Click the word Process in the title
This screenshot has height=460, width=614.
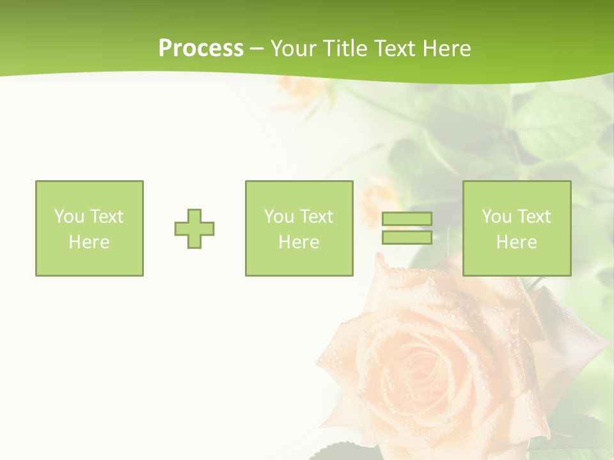click(x=201, y=49)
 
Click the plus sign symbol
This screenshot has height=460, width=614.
click(x=194, y=229)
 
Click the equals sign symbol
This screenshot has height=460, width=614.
click(x=407, y=228)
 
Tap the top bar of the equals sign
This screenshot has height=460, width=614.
click(x=407, y=219)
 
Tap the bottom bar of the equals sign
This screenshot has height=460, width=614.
click(x=407, y=237)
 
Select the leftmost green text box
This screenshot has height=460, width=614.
click(x=90, y=229)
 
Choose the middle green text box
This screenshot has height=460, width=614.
click(x=299, y=229)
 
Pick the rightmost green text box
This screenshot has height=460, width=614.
click(x=517, y=229)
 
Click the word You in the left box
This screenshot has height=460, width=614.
click(x=68, y=217)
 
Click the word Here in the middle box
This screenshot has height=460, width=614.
click(x=299, y=242)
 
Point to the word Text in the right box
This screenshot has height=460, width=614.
click(x=533, y=217)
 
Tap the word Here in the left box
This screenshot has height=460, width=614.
click(x=89, y=242)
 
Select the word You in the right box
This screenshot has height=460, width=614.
click(x=496, y=217)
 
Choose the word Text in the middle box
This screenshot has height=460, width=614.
click(x=316, y=217)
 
